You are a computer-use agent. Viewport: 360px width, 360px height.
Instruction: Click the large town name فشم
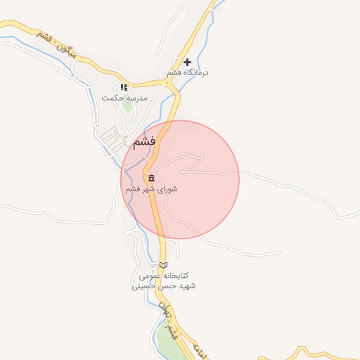coord(143,141)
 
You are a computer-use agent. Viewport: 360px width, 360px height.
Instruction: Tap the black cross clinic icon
coord(187,63)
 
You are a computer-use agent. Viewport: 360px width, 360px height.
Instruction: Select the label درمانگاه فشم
coord(188,73)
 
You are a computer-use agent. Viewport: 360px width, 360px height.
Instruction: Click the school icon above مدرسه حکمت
coord(124,87)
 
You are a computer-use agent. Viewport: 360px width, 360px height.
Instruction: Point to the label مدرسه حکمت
coord(124,98)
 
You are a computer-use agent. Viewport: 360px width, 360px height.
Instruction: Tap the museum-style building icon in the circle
coord(151,178)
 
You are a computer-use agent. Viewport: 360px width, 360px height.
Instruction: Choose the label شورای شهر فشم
coord(151,189)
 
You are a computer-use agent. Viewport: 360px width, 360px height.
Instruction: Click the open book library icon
coord(164,265)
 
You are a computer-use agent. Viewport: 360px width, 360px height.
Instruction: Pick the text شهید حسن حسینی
coord(164,287)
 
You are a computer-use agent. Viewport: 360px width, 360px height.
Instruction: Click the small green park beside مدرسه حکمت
coord(127,106)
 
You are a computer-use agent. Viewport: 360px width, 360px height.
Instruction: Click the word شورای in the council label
coord(167,189)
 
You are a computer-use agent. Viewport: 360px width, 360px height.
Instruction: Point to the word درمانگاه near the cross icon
coord(195,73)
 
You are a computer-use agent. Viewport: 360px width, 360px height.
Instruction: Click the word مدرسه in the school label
coord(136,98)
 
